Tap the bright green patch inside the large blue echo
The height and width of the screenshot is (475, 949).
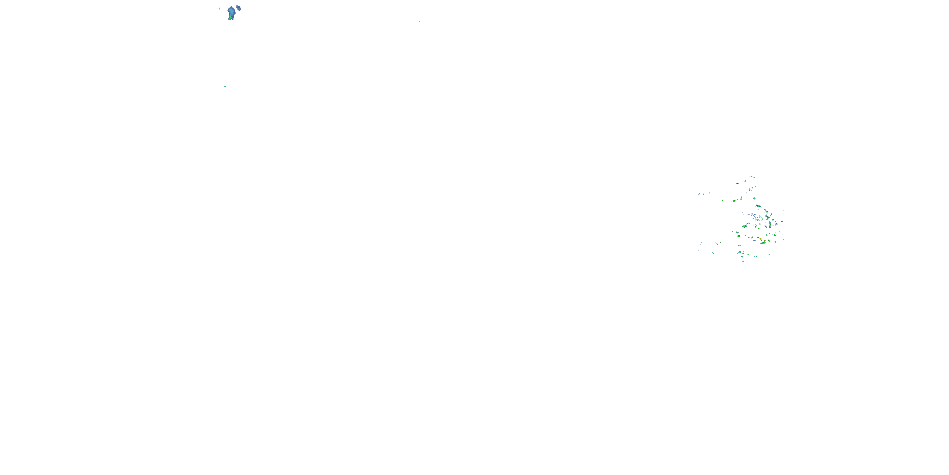point(230,16)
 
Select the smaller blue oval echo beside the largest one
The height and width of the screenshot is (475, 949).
point(238,7)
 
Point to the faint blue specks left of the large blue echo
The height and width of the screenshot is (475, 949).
point(219,8)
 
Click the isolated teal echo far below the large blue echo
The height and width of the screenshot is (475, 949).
point(225,87)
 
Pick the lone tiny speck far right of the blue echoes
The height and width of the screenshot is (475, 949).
point(419,22)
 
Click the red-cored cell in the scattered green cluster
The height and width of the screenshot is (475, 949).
point(768,217)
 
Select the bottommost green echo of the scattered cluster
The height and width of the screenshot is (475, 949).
point(743,261)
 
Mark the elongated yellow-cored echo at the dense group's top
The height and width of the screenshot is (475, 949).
point(758,206)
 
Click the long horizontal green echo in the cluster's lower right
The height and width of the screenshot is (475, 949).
point(763,243)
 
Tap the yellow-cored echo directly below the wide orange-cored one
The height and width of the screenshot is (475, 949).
point(739,236)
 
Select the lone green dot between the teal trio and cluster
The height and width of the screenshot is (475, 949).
point(723,201)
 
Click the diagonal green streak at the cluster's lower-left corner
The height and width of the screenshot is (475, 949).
point(713,253)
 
